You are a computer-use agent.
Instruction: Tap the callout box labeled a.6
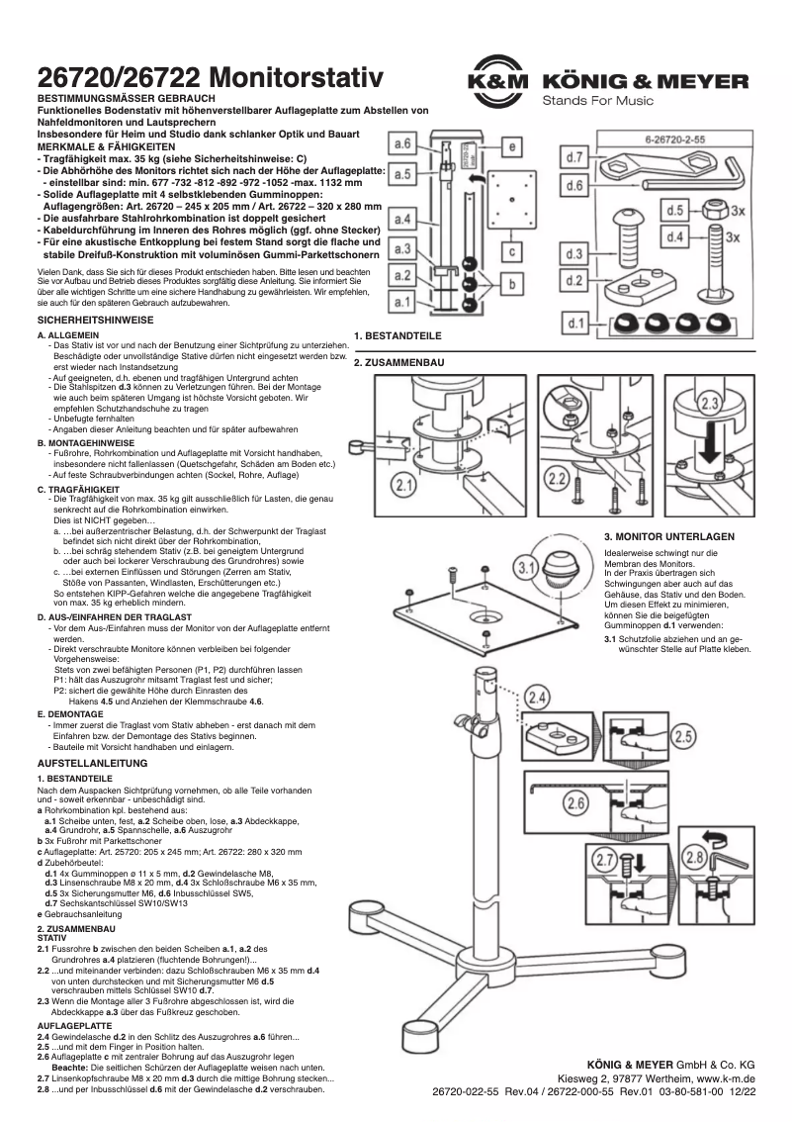(x=403, y=144)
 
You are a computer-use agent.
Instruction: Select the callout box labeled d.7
(x=574, y=157)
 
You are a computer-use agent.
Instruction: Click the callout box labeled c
(x=512, y=251)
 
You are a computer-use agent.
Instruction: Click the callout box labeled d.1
(x=574, y=323)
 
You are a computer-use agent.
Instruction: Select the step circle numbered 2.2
(x=557, y=480)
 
